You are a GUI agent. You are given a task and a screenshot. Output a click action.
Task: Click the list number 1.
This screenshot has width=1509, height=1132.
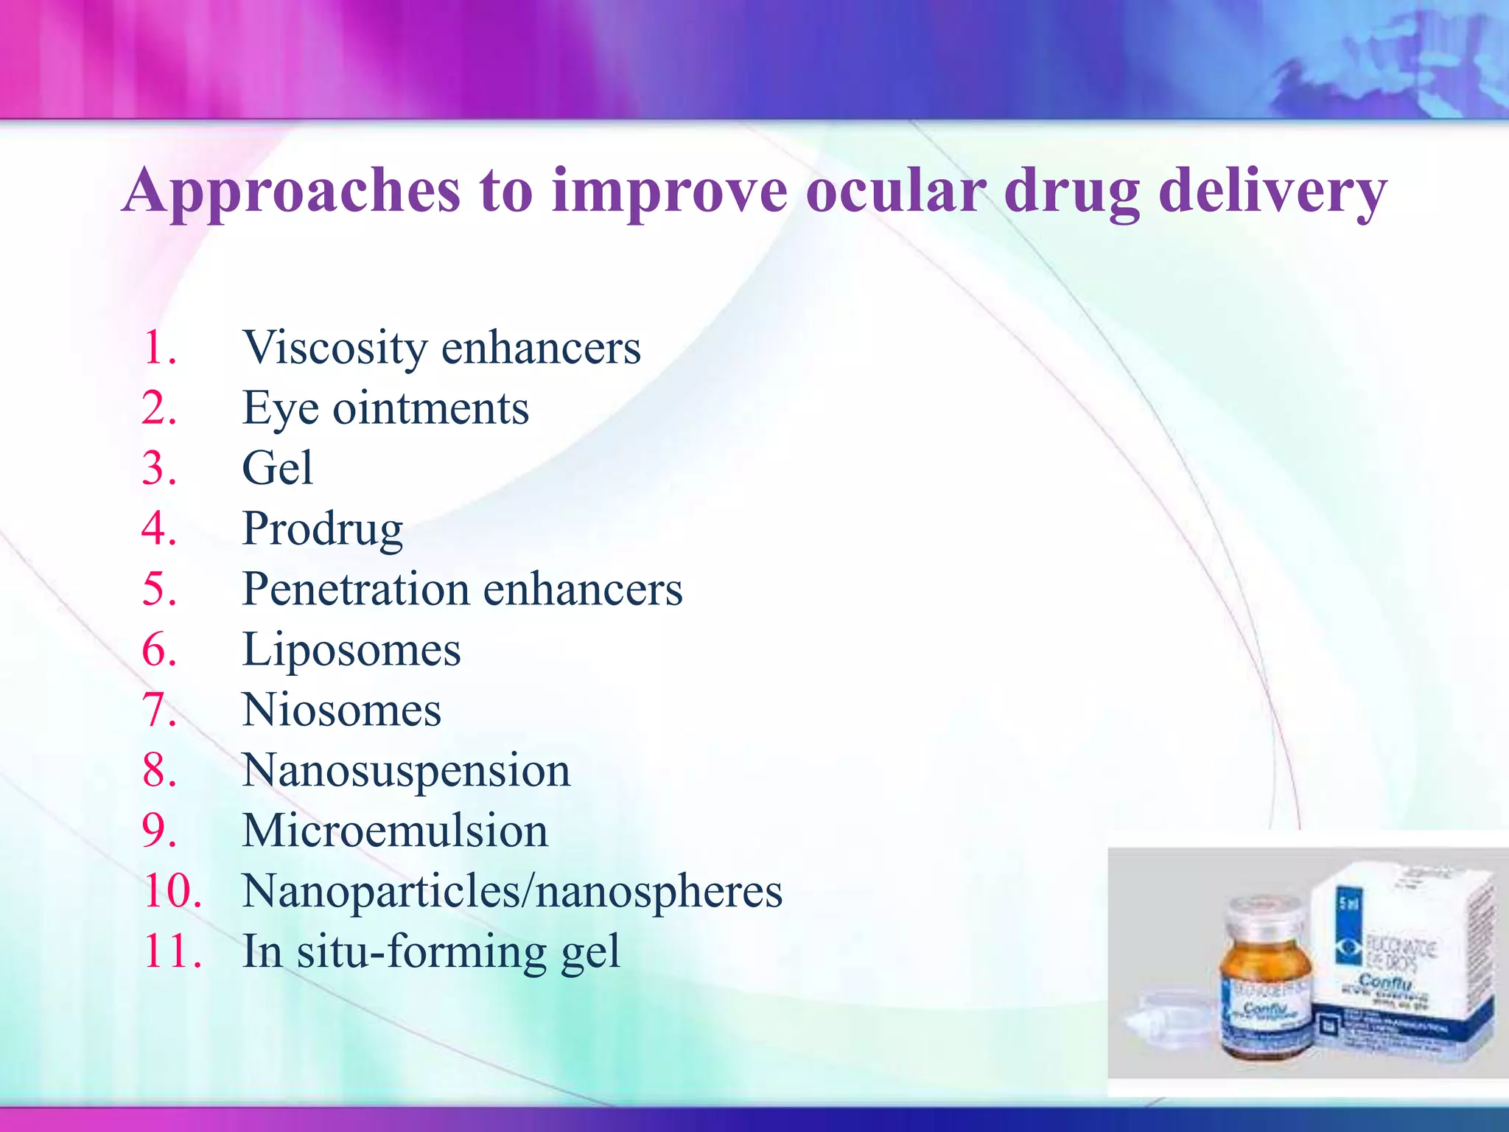point(158,348)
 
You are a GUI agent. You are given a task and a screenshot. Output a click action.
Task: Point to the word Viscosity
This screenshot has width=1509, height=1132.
point(335,348)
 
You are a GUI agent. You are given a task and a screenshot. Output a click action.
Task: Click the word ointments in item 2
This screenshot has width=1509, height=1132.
point(430,408)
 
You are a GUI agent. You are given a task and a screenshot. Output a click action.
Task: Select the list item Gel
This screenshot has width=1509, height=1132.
point(277,469)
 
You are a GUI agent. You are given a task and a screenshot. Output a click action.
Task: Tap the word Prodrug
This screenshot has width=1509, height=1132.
point(322,529)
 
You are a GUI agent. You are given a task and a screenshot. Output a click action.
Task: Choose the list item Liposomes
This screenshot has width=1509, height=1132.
point(351,650)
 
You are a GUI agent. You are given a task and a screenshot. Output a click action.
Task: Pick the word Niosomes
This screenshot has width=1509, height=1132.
point(341,710)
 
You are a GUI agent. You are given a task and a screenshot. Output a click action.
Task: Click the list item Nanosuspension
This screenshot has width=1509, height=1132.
point(406,771)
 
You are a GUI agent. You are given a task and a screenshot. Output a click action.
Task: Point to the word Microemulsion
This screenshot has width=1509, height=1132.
point(395,831)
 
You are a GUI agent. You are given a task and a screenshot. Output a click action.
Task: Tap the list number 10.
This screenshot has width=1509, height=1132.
point(172,892)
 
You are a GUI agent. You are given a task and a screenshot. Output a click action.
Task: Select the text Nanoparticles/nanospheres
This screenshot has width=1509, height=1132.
point(512,892)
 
